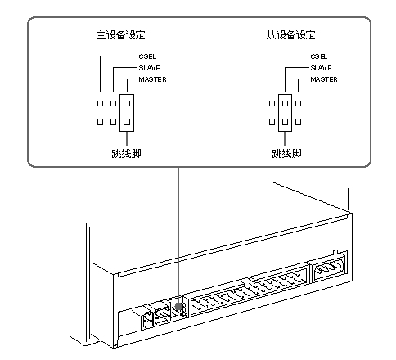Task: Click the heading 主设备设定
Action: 121,35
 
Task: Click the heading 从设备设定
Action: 290,35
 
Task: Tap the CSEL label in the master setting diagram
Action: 147,56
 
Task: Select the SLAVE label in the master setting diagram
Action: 149,68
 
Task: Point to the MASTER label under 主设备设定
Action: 152,79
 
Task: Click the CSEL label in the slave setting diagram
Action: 319,56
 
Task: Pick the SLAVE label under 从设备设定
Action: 321,68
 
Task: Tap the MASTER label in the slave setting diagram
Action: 324,79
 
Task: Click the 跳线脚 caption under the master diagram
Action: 126,153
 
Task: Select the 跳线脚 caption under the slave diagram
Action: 286,153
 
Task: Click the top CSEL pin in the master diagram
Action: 101,104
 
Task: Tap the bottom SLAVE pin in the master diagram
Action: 114,122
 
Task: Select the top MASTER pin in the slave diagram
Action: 299,104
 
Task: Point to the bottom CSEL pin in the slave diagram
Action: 272,122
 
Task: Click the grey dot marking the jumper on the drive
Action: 178,306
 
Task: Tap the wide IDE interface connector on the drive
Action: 249,291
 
